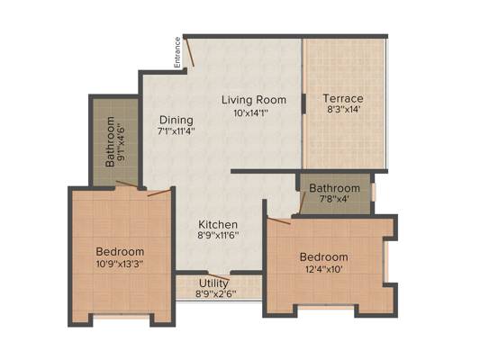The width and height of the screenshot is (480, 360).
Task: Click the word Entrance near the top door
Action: click(x=177, y=52)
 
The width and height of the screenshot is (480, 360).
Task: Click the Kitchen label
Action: click(x=218, y=224)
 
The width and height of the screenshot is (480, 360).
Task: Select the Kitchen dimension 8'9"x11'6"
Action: click(x=218, y=238)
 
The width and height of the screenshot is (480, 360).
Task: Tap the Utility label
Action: click(x=214, y=282)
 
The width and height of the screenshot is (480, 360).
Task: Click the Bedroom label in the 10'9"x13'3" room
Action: click(x=120, y=250)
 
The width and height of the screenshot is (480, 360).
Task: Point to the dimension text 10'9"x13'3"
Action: click(x=120, y=264)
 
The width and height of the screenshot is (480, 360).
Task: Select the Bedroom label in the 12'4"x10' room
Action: click(x=323, y=256)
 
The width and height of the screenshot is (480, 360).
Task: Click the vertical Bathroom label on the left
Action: click(x=111, y=143)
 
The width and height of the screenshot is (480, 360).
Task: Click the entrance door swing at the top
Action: click(x=186, y=47)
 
